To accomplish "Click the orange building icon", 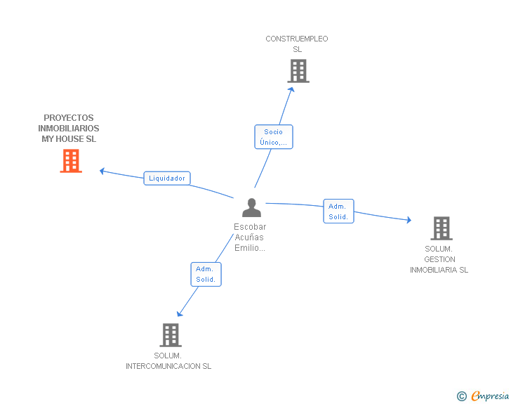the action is point(71,161).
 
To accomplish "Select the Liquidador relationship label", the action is point(167,178).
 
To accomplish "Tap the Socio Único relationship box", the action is point(274,137).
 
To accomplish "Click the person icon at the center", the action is point(251,207).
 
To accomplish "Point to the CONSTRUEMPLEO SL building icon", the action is point(298,71).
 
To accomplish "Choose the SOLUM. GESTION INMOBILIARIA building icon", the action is point(442,228).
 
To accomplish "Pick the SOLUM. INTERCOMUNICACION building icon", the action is point(171,335).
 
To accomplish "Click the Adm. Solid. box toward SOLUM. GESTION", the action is point(338,211).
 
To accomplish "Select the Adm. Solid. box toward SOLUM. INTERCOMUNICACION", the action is point(206,275).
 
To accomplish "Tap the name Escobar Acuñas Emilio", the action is point(250,237).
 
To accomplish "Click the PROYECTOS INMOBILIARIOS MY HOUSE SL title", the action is point(69,129).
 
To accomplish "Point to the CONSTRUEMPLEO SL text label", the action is point(297,44).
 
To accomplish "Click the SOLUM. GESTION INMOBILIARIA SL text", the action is point(439,259).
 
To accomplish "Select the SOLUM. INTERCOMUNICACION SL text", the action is point(168,361).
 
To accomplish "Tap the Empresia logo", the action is point(490,396).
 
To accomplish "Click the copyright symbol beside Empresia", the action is point(462,396).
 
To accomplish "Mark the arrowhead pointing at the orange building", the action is point(102,171).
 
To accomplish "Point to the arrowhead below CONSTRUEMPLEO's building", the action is point(291,89).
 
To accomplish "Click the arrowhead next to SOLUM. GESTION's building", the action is point(409,220).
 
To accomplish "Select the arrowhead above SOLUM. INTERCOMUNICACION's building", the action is point(179,314).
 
